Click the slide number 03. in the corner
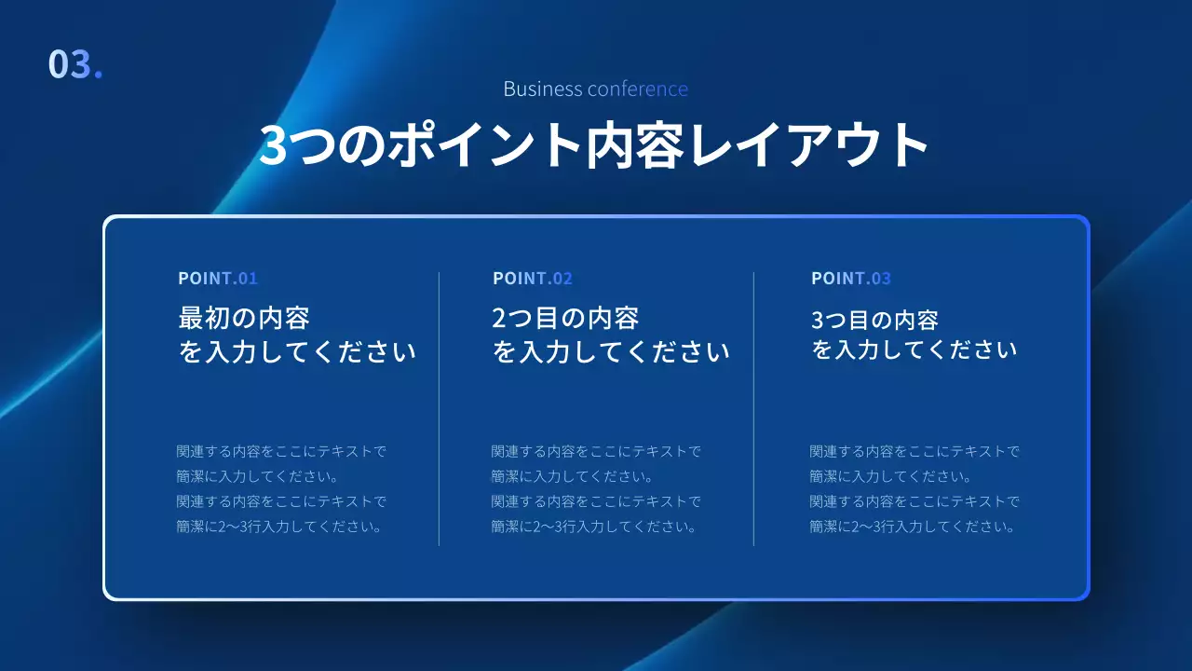(x=74, y=64)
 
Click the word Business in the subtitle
(x=543, y=89)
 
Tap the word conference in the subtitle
(x=638, y=89)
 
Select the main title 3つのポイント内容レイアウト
(x=594, y=145)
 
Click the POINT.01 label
(x=218, y=279)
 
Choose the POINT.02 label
(x=533, y=279)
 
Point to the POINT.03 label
(x=851, y=279)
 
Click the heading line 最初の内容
(x=244, y=319)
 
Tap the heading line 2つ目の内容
(x=565, y=319)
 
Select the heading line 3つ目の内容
(x=874, y=321)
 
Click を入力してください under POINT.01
(x=297, y=352)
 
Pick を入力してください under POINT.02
(x=611, y=352)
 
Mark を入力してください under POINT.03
(x=914, y=350)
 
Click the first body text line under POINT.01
(x=281, y=452)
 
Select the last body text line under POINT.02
(x=594, y=527)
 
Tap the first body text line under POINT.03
(x=914, y=452)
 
